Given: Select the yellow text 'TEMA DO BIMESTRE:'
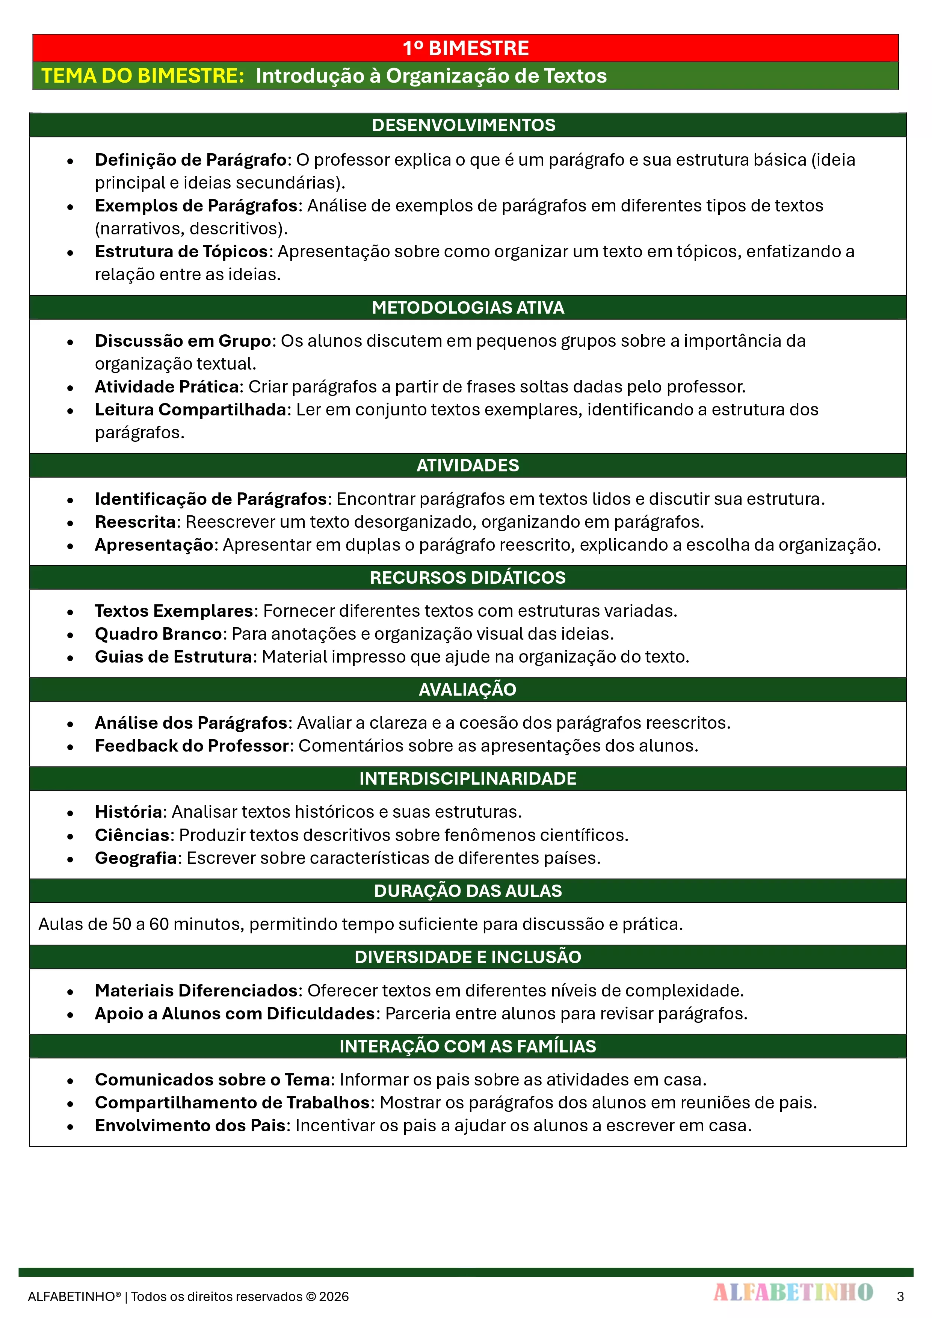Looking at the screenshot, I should [x=143, y=76].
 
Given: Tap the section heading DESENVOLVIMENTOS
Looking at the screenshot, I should [x=464, y=125].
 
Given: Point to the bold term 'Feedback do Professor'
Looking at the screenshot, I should [x=191, y=746].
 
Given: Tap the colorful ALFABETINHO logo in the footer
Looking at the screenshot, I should [x=793, y=1292].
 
